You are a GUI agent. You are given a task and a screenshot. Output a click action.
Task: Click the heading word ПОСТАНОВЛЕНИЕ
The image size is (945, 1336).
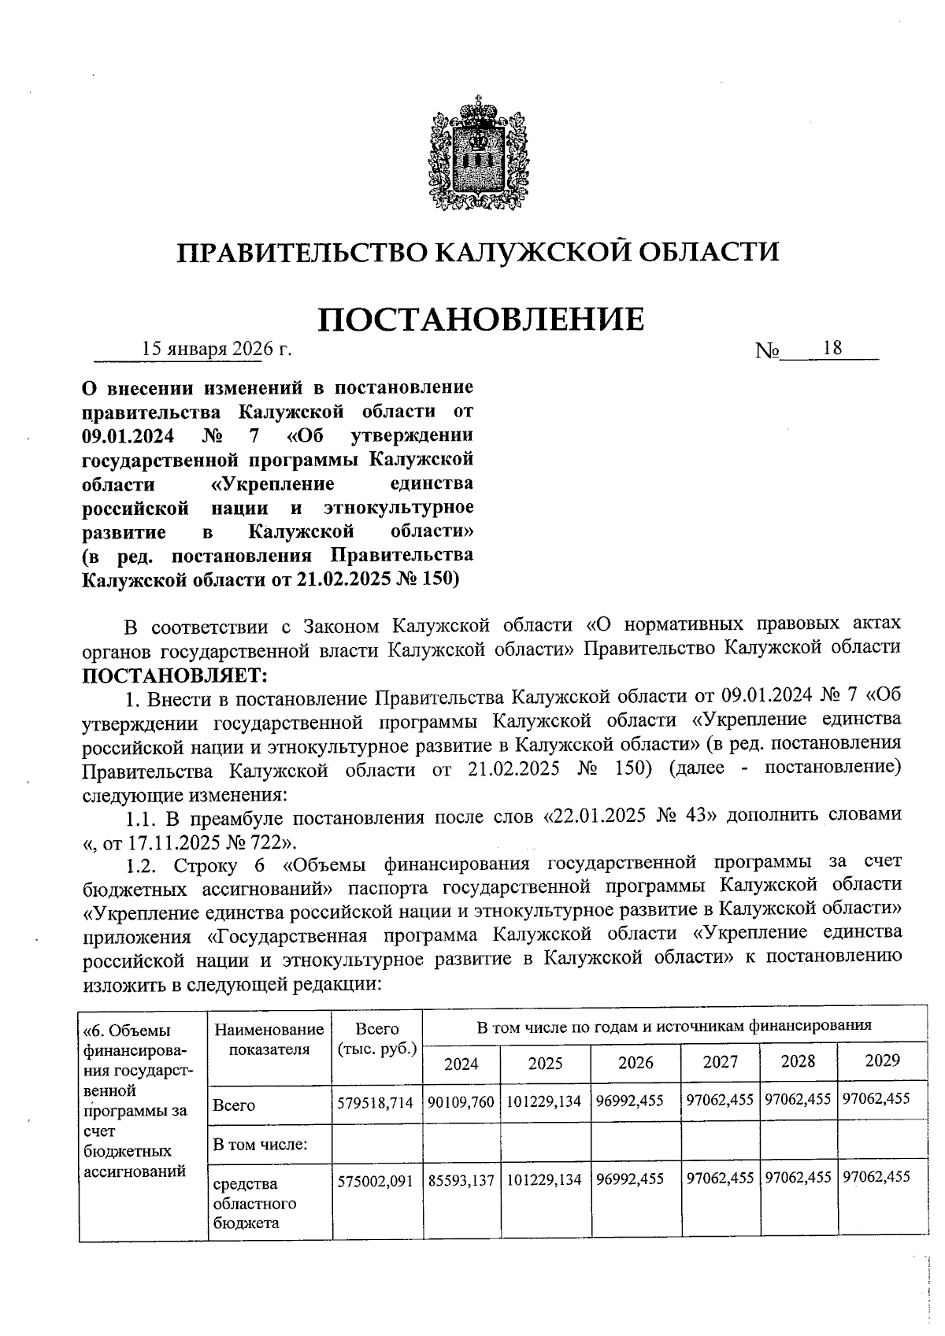click(x=481, y=319)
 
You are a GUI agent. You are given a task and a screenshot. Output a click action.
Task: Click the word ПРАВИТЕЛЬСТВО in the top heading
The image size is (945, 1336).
click(x=298, y=252)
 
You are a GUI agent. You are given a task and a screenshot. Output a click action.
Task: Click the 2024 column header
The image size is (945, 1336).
click(x=461, y=1064)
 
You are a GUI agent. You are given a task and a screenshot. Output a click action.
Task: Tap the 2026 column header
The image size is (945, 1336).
click(x=635, y=1063)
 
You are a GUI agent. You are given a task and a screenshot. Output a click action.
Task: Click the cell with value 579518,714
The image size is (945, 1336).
click(x=375, y=1104)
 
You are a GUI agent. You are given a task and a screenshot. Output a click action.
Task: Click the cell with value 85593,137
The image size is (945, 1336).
click(x=461, y=1180)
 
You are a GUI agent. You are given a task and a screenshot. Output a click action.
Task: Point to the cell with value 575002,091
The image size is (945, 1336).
click(x=375, y=1180)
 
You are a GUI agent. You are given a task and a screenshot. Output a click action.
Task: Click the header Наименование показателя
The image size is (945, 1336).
click(x=269, y=1038)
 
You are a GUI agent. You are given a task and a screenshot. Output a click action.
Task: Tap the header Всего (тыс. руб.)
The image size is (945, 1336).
click(x=376, y=1038)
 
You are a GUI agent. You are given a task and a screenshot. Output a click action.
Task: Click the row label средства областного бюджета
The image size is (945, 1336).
click(x=254, y=1202)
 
